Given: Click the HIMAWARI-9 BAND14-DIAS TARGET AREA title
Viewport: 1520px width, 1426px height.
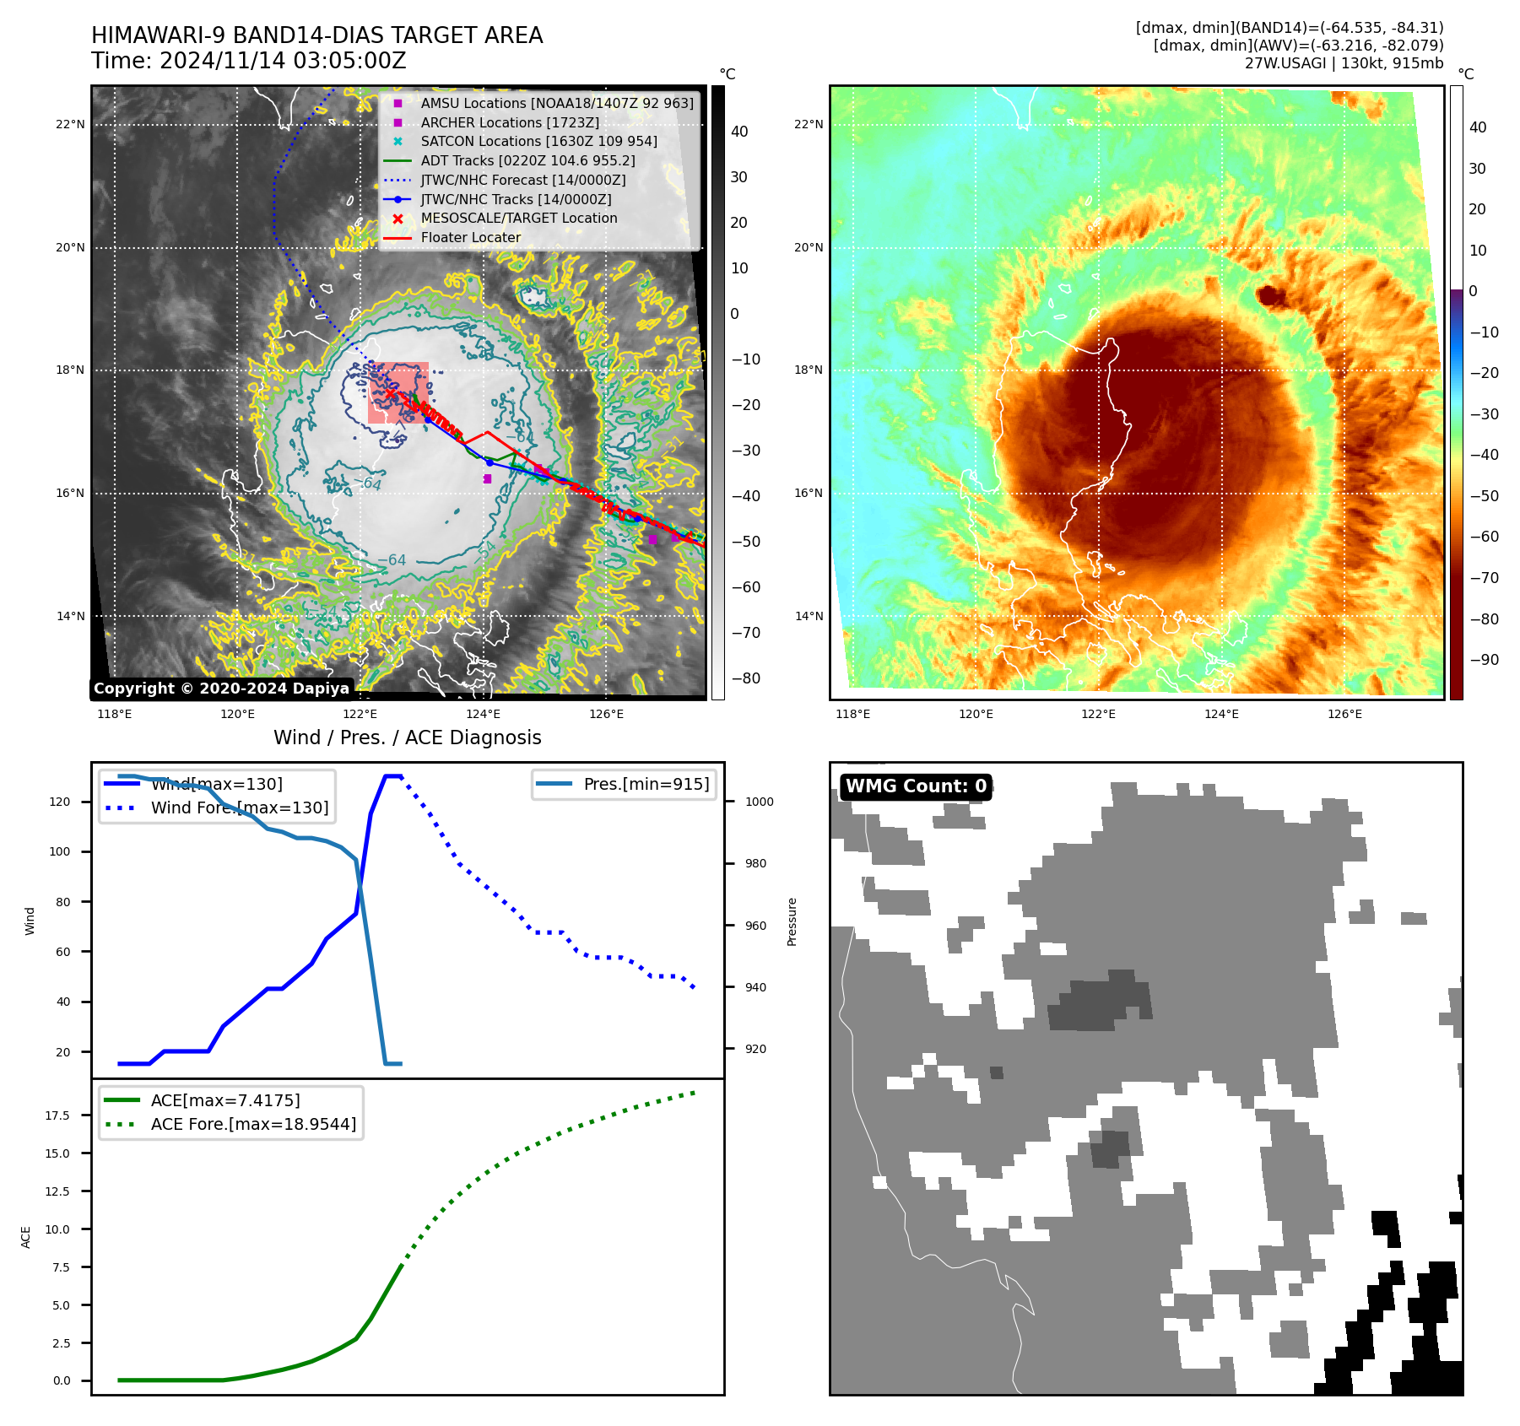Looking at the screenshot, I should point(316,35).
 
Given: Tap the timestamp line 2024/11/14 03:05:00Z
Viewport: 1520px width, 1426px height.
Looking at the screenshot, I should point(249,61).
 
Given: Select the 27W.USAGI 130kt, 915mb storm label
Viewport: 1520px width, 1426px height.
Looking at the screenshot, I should point(1344,63).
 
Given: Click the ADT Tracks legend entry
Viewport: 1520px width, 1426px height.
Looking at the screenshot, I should point(527,160).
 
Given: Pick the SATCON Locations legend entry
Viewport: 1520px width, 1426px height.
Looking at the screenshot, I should point(538,141).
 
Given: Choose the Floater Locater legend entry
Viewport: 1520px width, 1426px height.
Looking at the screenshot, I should point(470,237).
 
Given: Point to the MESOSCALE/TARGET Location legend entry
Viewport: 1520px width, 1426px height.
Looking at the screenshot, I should point(518,218).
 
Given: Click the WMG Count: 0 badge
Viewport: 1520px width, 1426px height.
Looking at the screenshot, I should point(916,786).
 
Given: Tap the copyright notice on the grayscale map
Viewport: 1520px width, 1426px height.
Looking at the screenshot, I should point(221,689).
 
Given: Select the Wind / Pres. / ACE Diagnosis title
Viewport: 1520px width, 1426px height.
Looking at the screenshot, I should point(407,737).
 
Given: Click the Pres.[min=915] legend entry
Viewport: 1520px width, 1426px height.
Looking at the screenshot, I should point(646,784).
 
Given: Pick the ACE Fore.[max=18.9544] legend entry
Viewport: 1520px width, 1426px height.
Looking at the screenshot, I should point(253,1124).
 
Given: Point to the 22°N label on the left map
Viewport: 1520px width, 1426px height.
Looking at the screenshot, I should point(70,125).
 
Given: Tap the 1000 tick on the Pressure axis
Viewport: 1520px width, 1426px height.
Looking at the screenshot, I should point(759,802).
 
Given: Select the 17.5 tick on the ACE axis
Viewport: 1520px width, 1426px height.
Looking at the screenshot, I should point(57,1115).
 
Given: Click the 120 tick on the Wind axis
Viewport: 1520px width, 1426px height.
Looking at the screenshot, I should point(60,802).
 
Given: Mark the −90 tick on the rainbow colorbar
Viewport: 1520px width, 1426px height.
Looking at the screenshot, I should point(1484,660).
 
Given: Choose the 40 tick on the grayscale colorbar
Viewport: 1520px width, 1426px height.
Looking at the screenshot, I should point(739,132).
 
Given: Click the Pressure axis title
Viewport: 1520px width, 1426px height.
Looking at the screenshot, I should point(792,921).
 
